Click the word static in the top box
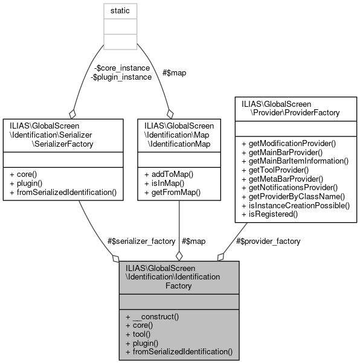120,11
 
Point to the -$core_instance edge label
120,68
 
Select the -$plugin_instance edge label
121,77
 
